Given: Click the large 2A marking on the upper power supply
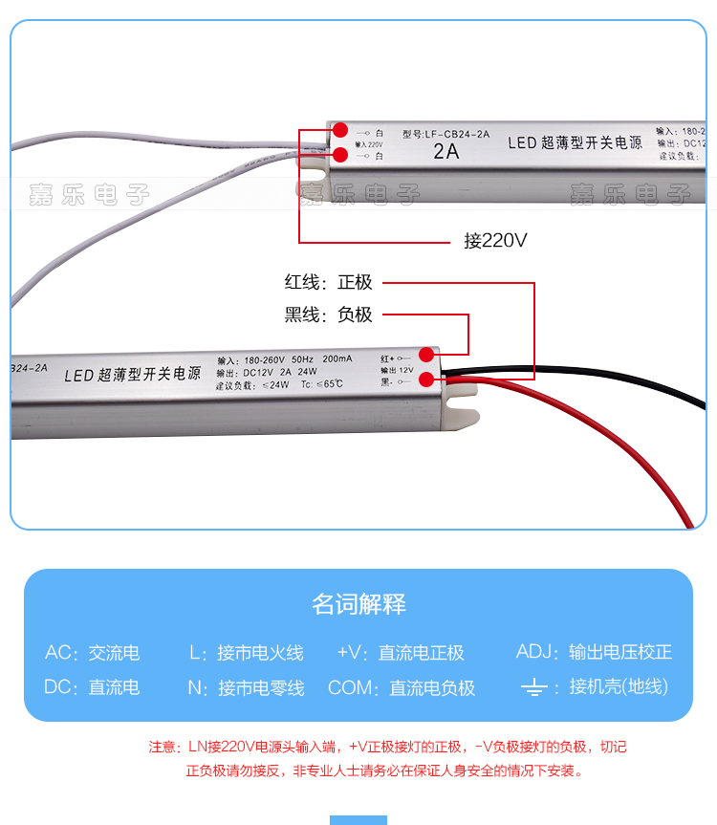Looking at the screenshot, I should tap(446, 151).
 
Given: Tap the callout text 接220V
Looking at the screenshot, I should tap(495, 241).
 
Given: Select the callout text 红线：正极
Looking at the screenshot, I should tap(328, 283).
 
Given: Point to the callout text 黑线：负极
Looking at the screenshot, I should tap(328, 315).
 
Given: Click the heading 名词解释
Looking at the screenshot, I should tap(358, 604).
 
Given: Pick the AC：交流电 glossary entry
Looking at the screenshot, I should tap(92, 653).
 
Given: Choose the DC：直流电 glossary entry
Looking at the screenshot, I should tap(92, 687).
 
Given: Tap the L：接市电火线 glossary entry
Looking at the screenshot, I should tap(246, 653).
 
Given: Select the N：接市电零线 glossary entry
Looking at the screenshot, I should tap(246, 687).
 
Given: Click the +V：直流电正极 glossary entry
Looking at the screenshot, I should tap(401, 653).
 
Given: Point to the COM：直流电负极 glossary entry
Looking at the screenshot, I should tap(402, 687).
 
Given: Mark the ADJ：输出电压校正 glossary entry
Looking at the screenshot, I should tap(594, 652).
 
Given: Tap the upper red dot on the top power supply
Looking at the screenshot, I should tap(339, 135).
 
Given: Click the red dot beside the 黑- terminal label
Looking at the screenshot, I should tap(426, 380).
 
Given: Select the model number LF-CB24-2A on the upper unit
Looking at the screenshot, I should tap(446, 134).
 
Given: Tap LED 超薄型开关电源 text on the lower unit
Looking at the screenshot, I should tap(133, 374).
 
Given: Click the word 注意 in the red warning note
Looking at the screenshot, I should tap(163, 747).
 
